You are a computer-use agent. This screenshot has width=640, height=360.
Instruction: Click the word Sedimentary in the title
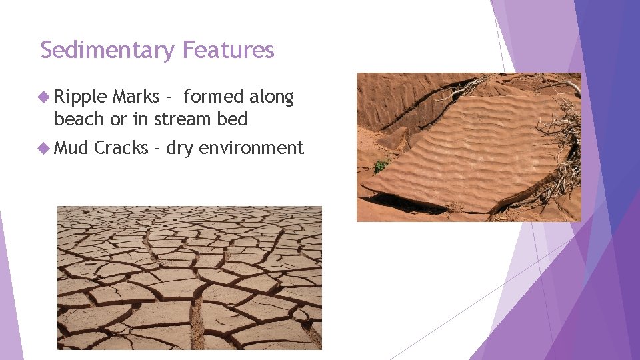pos(108,50)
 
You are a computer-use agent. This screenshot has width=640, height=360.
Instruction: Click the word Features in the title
pos(228,50)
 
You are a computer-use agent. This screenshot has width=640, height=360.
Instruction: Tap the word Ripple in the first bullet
pos(81,97)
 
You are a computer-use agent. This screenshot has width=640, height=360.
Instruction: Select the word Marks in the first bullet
pos(135,97)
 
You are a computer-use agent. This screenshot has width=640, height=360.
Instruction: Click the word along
pos(271,97)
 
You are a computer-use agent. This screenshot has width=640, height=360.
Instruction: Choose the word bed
pos(233,119)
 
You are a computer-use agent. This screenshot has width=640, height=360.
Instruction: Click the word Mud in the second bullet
pos(71,147)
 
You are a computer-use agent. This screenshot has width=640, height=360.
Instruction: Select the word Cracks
pos(121,147)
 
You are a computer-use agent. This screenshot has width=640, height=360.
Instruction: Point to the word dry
pos(179,148)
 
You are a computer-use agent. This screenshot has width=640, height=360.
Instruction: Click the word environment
pos(251,147)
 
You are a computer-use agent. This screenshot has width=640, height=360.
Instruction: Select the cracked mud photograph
pos(189,277)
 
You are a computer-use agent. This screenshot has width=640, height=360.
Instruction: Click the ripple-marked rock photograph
pos(469,147)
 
